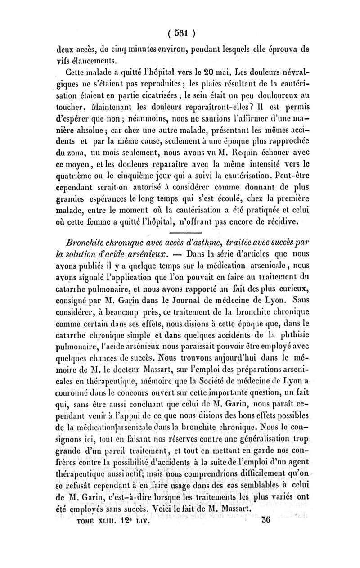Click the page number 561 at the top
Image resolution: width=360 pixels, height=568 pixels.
pyautogui.click(x=180, y=33)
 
